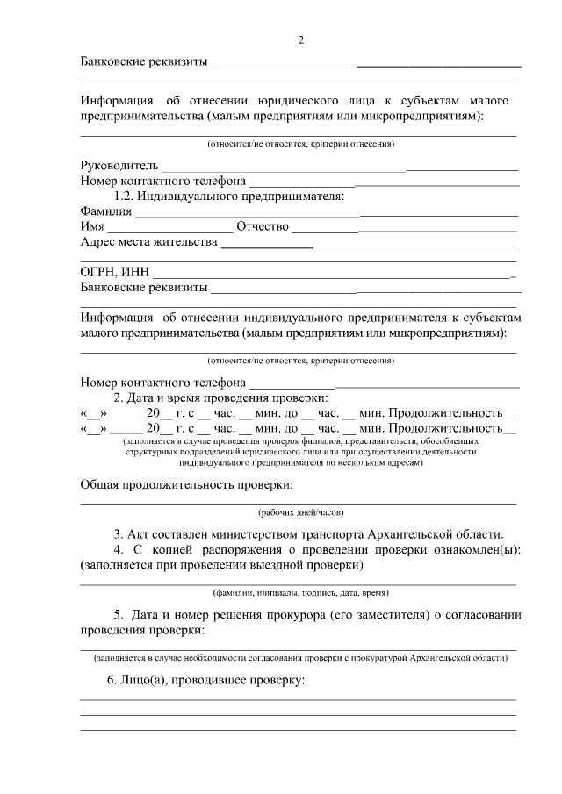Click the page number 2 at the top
[300, 40]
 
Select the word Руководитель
[119, 165]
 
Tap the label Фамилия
[105, 211]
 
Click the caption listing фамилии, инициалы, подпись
[299, 592]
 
